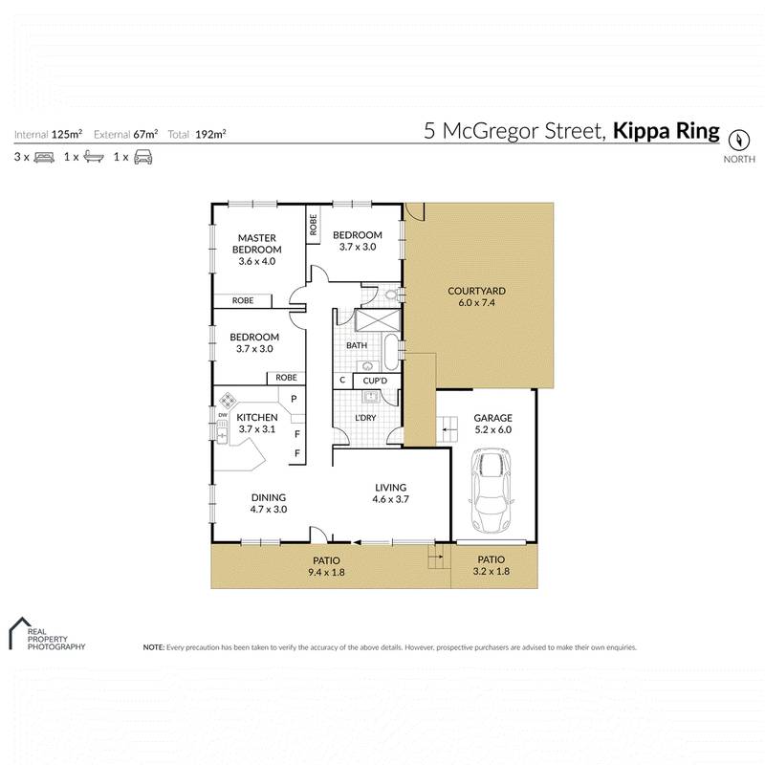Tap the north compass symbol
[x=737, y=136]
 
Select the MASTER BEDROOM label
[x=256, y=244]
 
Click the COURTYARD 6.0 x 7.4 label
[x=476, y=296]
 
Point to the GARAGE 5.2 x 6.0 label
[x=492, y=424]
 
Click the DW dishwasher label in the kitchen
[x=221, y=415]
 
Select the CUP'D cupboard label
[x=374, y=382]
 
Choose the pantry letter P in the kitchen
[x=295, y=400]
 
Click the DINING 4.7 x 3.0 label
[x=269, y=503]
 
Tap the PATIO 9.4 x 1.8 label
[x=325, y=566]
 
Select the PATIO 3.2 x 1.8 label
[x=491, y=566]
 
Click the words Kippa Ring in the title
[x=666, y=131]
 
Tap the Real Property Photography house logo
[x=17, y=631]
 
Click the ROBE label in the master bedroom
[x=243, y=300]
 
